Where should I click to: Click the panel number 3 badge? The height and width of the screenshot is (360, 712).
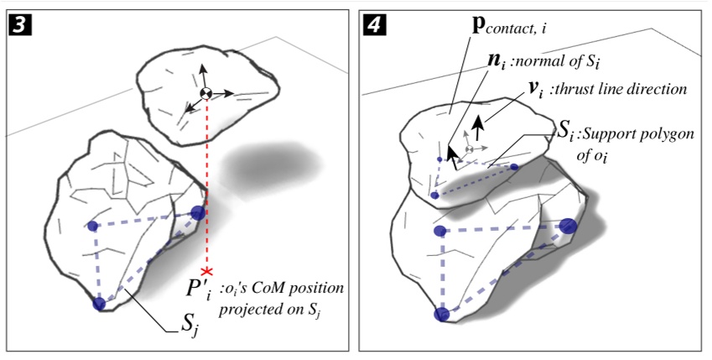(x=18, y=26)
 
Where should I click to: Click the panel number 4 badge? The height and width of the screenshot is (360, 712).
(x=374, y=25)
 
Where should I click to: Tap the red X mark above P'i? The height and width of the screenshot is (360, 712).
(x=207, y=271)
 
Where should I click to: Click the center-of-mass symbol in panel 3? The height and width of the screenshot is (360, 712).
(x=206, y=94)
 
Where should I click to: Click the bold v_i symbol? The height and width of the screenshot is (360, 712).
(x=535, y=89)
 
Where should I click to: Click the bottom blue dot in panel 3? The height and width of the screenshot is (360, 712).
(x=100, y=304)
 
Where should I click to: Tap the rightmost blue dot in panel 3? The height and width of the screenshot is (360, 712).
(x=198, y=212)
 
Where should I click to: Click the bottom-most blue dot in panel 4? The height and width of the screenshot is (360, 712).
(x=441, y=314)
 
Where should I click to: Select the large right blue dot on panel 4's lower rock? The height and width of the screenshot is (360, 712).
(x=568, y=226)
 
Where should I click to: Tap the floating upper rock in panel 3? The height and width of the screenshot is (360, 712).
(x=206, y=95)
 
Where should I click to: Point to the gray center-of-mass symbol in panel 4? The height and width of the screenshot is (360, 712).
(x=469, y=149)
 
